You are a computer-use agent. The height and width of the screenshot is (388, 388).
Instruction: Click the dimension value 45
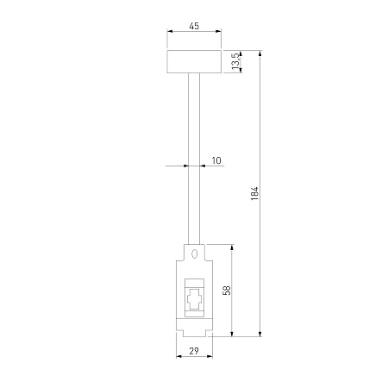click(194, 26)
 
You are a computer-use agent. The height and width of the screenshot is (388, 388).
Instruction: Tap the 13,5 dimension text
click(235, 61)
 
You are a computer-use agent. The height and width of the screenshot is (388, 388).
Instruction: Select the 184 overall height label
click(254, 193)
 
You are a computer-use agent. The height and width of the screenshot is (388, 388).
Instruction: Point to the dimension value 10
click(216, 160)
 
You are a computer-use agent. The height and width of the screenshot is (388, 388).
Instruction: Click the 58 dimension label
click(227, 291)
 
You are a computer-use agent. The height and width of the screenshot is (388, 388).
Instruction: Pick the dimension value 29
click(194, 351)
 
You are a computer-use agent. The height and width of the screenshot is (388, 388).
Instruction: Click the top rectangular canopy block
click(194, 62)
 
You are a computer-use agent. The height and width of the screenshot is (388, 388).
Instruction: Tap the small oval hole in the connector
click(195, 253)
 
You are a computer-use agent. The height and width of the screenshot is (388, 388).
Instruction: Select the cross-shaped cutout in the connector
click(194, 299)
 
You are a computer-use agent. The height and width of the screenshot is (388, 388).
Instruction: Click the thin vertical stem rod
click(194, 159)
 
